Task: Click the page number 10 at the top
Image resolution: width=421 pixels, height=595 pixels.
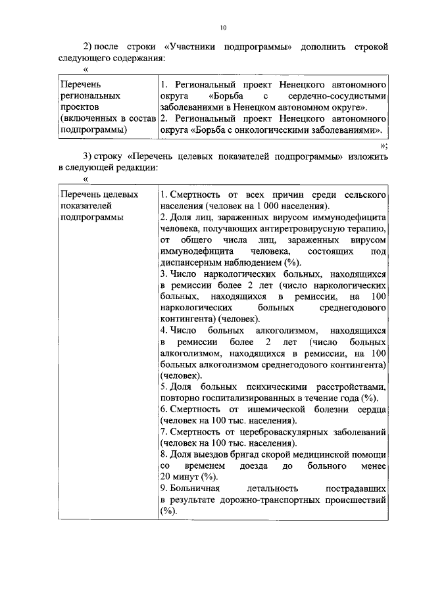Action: [x=223, y=28]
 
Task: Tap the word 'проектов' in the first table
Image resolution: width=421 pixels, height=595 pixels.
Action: [x=78, y=107]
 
